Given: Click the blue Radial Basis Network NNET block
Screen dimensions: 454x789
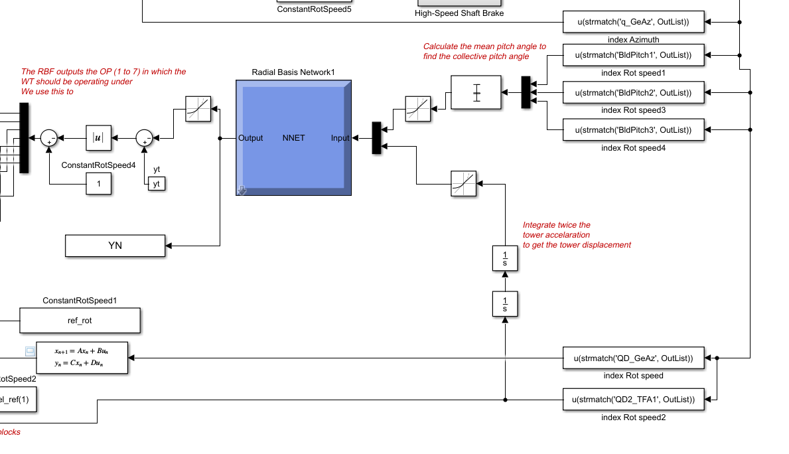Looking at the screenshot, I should (293, 138).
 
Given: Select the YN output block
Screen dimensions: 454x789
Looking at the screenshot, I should (115, 246).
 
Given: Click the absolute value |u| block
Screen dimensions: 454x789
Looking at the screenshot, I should (98, 138).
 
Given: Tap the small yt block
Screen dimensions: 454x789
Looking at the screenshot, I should (157, 184).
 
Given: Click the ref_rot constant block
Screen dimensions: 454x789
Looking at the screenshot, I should (80, 320).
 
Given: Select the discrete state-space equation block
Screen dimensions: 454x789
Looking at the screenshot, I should (82, 358).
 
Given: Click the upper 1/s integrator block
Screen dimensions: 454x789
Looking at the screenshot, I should (505, 258).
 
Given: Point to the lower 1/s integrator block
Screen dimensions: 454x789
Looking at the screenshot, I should (505, 304).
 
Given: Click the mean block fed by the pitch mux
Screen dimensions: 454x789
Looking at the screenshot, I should (476, 92).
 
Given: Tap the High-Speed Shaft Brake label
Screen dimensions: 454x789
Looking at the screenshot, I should (459, 13).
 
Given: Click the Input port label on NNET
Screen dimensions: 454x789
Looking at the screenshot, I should (340, 138).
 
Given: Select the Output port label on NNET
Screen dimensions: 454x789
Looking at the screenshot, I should (251, 138).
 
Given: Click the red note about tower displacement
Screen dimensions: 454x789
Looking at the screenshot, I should (576, 235).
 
